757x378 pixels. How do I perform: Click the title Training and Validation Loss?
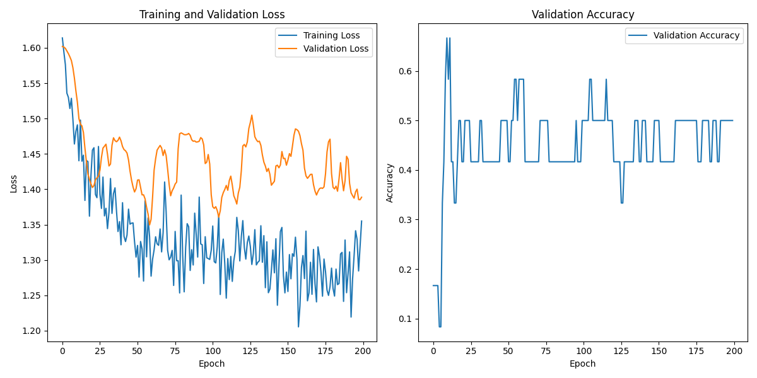pos(212,14)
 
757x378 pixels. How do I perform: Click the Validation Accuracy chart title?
pos(583,14)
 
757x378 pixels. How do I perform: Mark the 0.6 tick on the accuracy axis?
pos(405,71)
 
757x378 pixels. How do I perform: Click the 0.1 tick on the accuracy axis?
pos(405,319)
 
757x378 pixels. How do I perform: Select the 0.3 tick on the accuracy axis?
pos(405,220)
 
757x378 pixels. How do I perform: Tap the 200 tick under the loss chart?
pos(363,351)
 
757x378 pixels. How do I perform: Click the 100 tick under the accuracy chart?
pos(584,351)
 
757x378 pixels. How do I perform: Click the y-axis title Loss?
pos(13,183)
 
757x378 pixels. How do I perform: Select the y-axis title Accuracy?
pos(390,183)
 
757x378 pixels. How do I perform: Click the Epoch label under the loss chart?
pos(212,364)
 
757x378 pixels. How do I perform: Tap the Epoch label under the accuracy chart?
pos(583,364)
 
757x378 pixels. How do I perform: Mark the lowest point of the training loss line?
pos(298,326)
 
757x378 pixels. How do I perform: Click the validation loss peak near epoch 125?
pos(252,115)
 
